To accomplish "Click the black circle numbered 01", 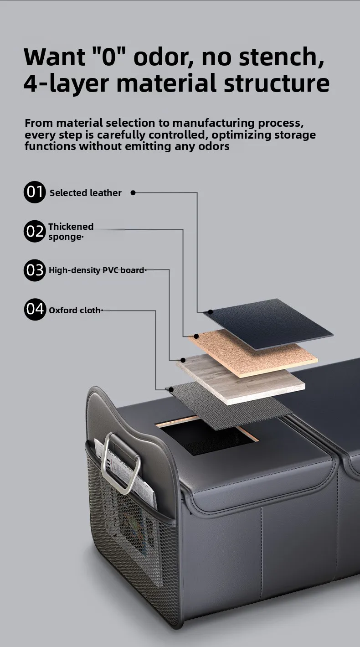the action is pos(35,192).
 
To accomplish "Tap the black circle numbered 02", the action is pos(35,231).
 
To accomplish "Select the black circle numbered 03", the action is pos(35,270).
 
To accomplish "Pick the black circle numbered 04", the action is pos(35,309).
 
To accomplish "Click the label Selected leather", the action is pos(86,193).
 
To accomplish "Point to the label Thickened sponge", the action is pos(71,232).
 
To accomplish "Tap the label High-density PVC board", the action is pos(97,270).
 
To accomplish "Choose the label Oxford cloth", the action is pos(75,310).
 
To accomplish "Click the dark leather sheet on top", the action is pos(268,323).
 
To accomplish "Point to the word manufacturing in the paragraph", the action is pos(213,123).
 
